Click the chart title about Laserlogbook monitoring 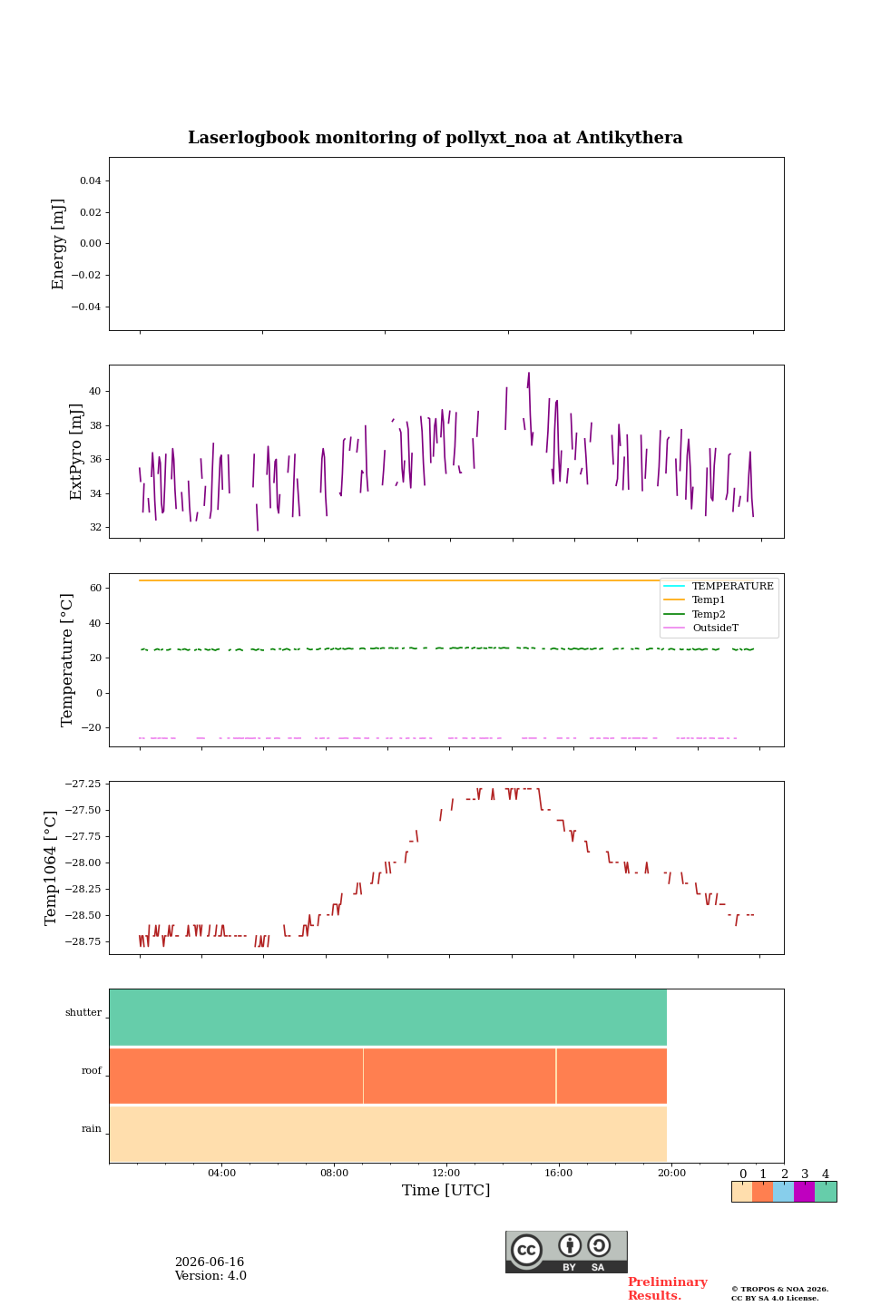click(435, 138)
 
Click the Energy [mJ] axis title click(58, 244)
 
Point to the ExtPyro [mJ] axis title click(75, 452)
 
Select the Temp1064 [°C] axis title click(50, 868)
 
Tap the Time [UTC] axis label click(445, 1190)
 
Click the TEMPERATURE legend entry click(732, 586)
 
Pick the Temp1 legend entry click(709, 600)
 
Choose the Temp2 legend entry click(709, 614)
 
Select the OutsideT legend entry click(715, 628)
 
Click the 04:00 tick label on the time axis click(221, 1173)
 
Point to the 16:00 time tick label click(558, 1173)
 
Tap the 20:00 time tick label click(671, 1173)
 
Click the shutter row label click(83, 1012)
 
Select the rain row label click(91, 1128)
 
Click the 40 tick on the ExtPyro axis click(95, 391)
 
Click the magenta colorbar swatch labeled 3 click(804, 1192)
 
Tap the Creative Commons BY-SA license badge click(566, 1252)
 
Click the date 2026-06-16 click(210, 1262)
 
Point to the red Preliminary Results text click(668, 1289)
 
